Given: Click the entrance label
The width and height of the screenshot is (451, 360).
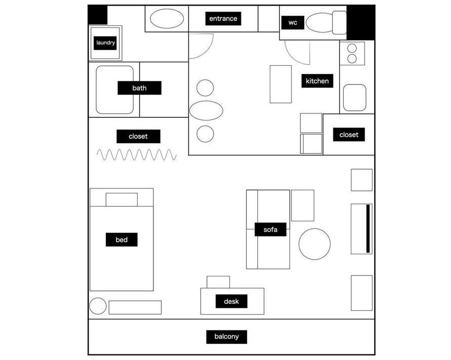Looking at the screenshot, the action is point(223,19).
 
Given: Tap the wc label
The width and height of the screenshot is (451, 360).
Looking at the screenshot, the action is point(293,23).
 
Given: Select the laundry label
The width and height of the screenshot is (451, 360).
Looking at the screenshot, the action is point(105,43).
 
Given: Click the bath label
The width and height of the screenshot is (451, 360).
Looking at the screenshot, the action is point(140,88).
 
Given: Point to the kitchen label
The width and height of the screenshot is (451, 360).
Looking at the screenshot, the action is point(317,81).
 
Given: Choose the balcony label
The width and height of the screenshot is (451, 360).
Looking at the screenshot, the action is point(227,337).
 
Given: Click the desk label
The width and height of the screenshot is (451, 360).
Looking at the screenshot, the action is point(231,301).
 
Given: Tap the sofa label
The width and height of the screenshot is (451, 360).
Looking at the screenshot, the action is point(270,229).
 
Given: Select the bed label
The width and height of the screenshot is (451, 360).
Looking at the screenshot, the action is point(121,239).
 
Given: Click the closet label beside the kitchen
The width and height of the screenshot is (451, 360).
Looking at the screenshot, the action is point(349,134).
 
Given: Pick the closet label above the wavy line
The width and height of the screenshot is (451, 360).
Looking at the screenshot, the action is point(138,136).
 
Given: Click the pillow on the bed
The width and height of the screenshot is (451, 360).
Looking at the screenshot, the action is point(121,199).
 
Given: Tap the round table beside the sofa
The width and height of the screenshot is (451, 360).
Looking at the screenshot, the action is point(314,244).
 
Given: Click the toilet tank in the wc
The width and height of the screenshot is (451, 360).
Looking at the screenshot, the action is point(340,22).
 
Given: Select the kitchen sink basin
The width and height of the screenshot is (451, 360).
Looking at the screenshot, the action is point(355,98).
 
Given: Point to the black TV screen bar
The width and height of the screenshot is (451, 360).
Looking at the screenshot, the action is point(368,229).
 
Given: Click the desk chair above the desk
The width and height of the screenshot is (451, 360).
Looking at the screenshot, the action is point(218,282).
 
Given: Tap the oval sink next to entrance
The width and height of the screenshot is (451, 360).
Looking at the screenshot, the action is point(167,19).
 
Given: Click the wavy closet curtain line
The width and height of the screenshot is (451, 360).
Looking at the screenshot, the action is point(137,154).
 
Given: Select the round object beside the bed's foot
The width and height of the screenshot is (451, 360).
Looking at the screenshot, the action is point(98,306).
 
